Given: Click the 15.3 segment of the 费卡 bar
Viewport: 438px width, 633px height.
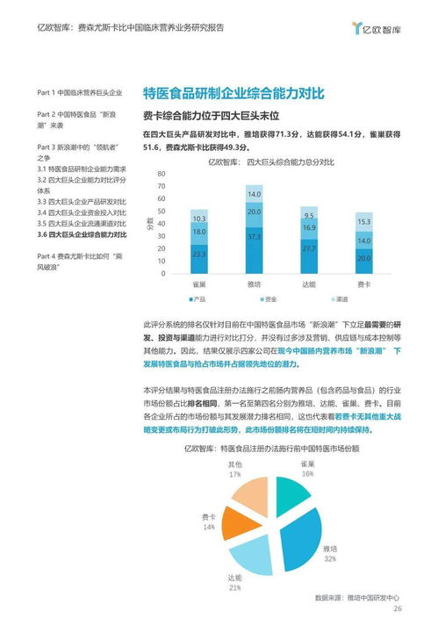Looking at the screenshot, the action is point(363,222).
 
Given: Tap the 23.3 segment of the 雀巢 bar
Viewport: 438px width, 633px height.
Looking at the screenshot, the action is point(199,254).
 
